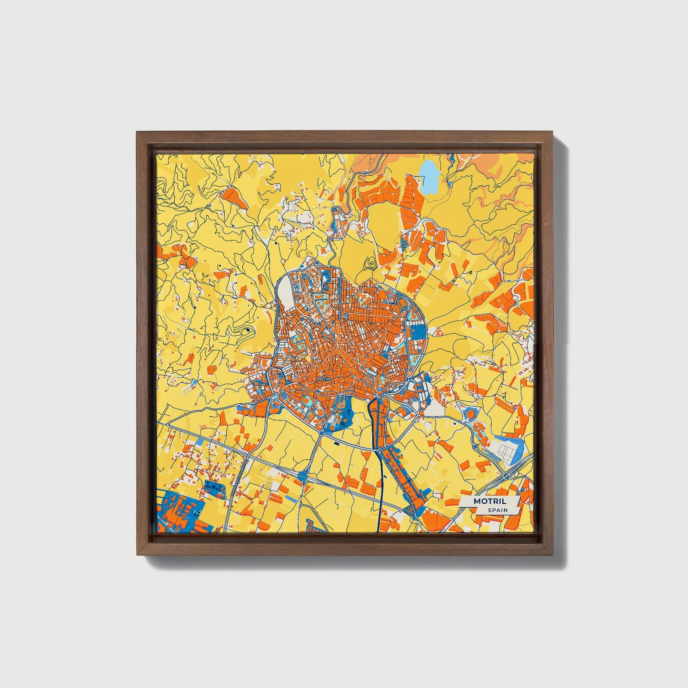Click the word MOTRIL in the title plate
tap(489, 501)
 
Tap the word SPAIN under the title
tap(497, 510)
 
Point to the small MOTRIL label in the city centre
tap(323, 379)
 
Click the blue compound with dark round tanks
tap(213, 488)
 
